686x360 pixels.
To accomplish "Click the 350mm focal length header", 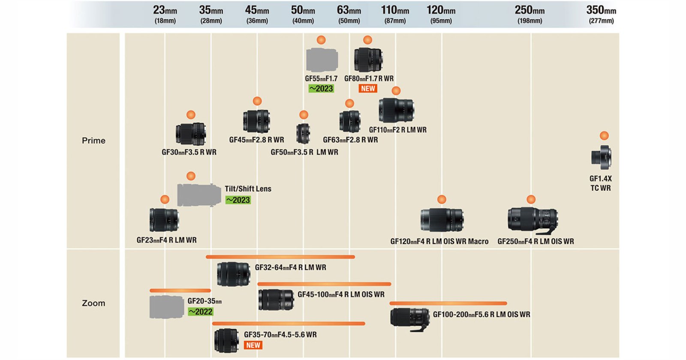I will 601,14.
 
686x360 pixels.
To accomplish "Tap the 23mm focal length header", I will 165,14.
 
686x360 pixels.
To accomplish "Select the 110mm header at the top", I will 395,14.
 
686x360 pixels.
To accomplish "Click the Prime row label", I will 93,141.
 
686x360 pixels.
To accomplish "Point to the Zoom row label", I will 93,303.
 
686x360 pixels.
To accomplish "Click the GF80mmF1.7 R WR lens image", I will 368,60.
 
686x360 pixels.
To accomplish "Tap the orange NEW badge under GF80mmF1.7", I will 368,89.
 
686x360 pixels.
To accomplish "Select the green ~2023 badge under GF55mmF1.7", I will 321,89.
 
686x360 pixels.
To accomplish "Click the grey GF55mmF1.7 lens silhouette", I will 322,60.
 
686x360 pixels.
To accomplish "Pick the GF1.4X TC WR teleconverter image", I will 601,157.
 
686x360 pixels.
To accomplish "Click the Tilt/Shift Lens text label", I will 248,189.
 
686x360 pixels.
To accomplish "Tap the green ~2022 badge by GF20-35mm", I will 201,312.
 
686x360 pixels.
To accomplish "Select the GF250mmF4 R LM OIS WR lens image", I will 533,220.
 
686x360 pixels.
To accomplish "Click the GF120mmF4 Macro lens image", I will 442,220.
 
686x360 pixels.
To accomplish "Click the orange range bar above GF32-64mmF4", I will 280,257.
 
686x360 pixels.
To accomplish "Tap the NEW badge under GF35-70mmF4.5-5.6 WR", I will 253,345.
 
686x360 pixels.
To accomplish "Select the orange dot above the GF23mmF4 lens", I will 165,199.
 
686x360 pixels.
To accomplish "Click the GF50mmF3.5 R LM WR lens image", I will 303,133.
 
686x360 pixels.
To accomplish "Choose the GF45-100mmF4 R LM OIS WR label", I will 341,294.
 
